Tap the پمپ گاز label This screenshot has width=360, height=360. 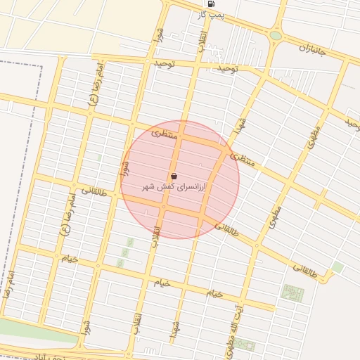coord(210,14)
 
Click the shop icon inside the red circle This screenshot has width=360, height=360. coord(174,176)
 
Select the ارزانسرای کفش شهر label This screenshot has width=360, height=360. coord(173,187)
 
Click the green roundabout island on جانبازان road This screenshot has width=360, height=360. coord(276,35)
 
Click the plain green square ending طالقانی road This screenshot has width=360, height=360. coord(337,267)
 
